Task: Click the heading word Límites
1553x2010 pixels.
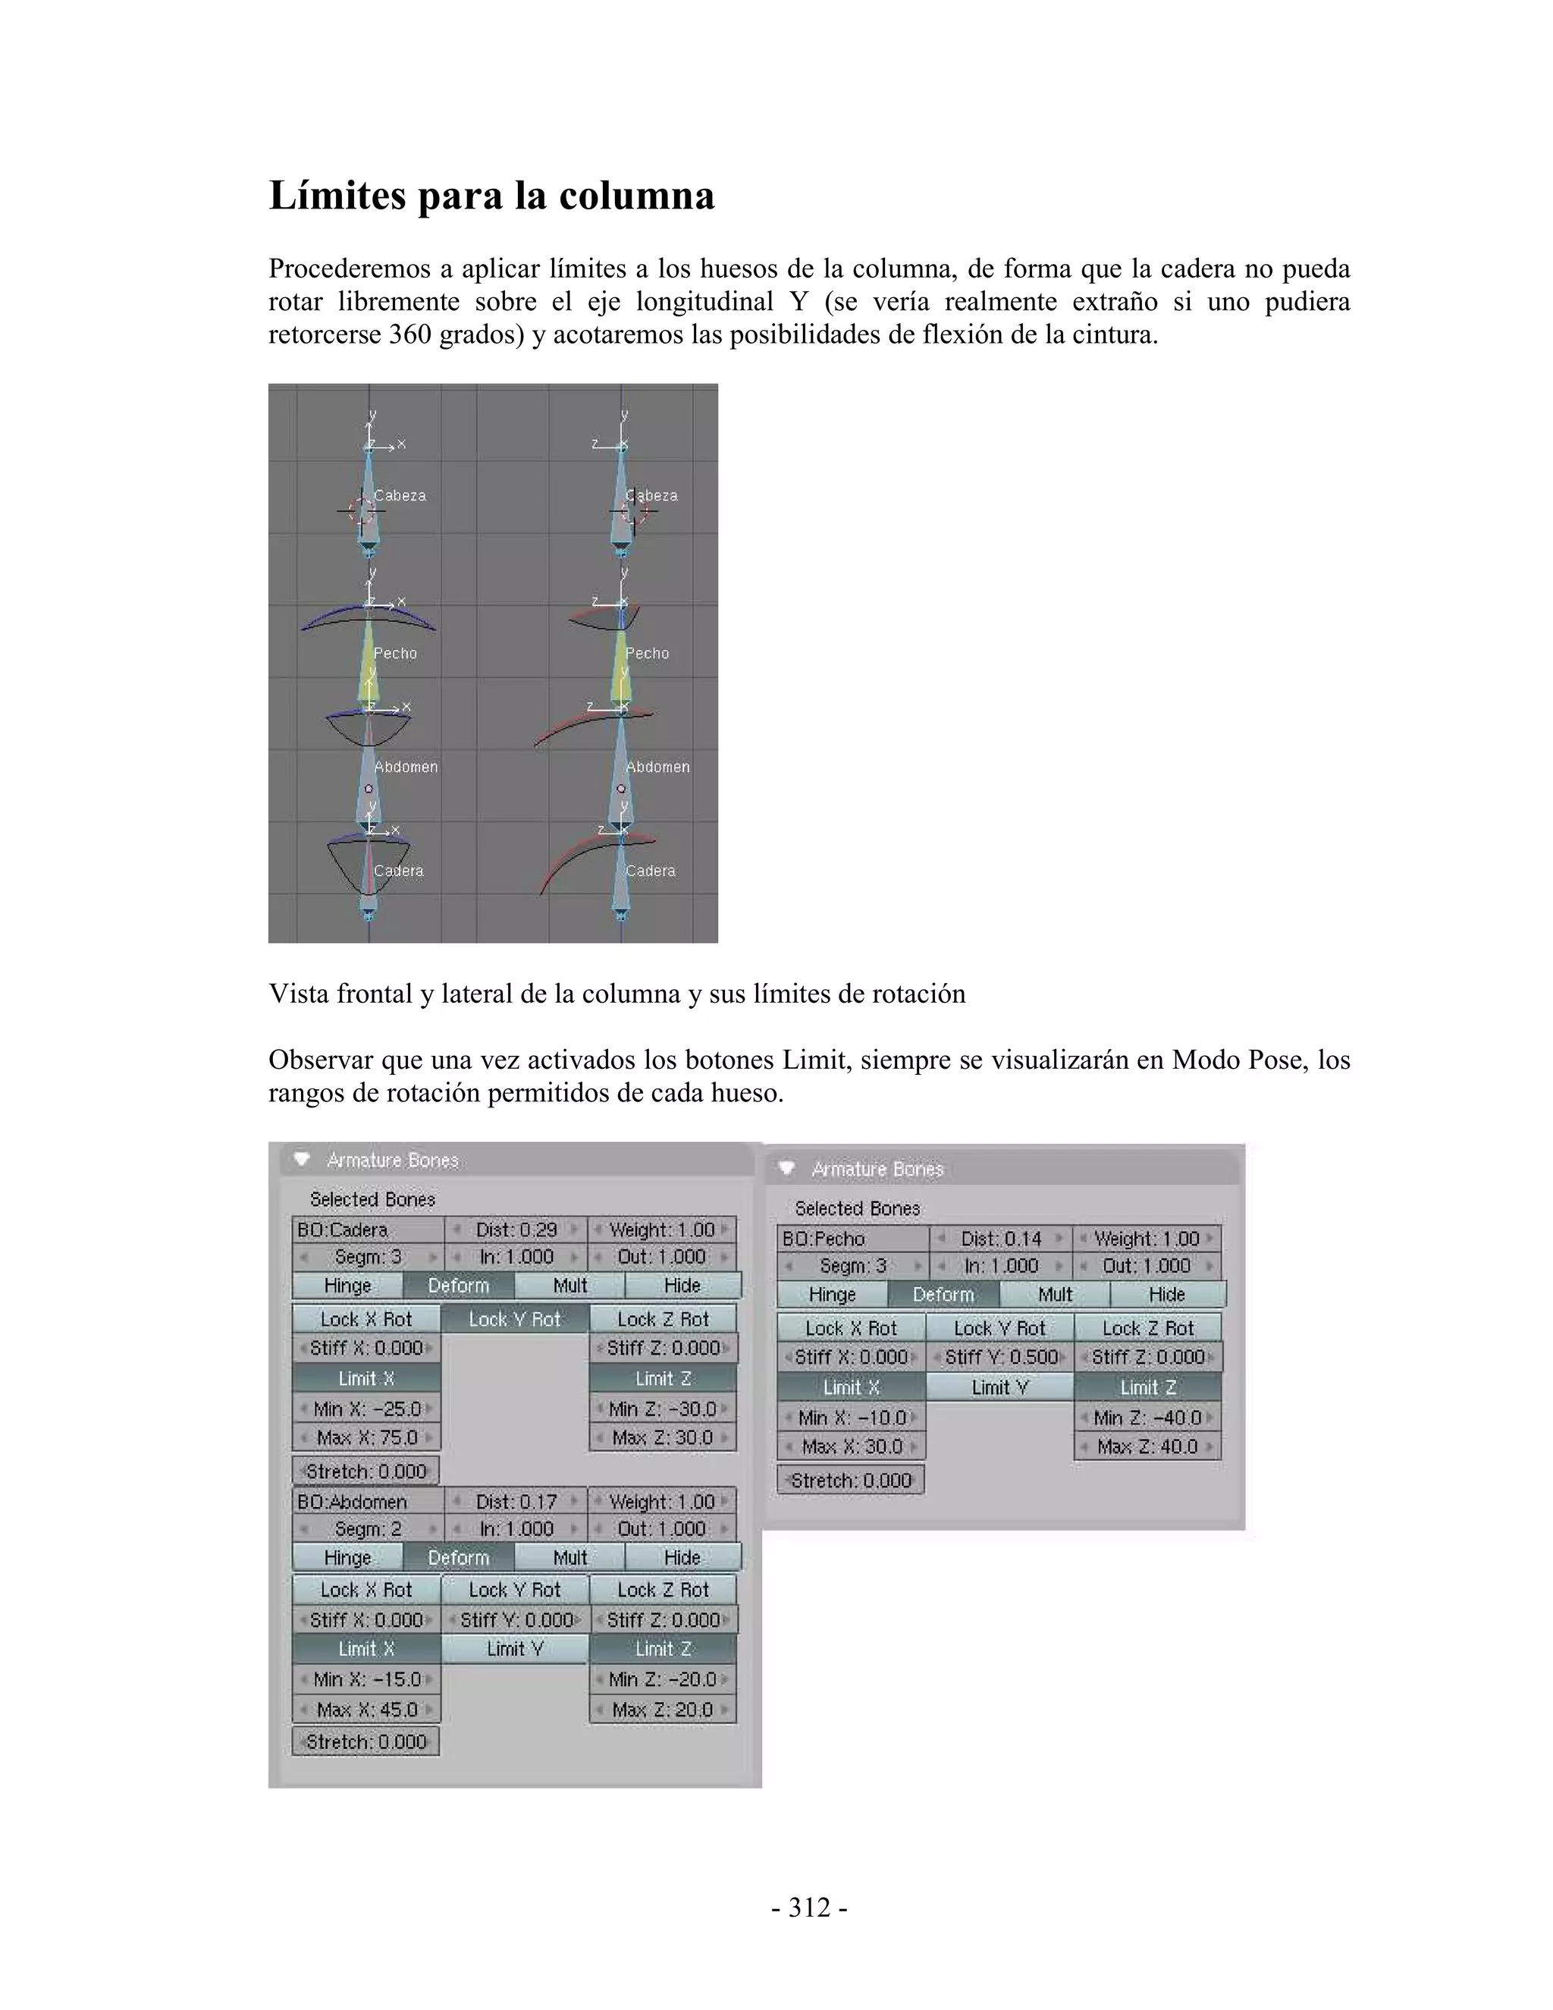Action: click(337, 196)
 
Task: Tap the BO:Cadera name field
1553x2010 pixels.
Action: click(367, 1230)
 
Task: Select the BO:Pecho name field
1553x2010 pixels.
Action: click(852, 1239)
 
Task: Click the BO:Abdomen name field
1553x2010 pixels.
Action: click(367, 1502)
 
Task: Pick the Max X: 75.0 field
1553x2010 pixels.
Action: click(366, 1437)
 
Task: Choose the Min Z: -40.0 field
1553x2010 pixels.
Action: click(1147, 1418)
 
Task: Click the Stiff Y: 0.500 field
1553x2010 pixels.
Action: click(1000, 1358)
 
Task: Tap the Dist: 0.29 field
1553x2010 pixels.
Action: click(516, 1230)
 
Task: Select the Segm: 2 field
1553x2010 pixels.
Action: click(367, 1528)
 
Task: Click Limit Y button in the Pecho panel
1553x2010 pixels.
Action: click(1000, 1387)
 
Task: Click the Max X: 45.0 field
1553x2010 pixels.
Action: click(366, 1709)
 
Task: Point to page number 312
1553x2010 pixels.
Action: click(810, 1908)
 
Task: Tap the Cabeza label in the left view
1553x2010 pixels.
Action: click(400, 495)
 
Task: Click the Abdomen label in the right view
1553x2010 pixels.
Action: click(657, 767)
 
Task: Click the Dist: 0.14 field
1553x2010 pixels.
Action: click(1001, 1239)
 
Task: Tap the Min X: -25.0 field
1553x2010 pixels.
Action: click(366, 1409)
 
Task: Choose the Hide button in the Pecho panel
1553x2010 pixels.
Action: click(1166, 1294)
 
